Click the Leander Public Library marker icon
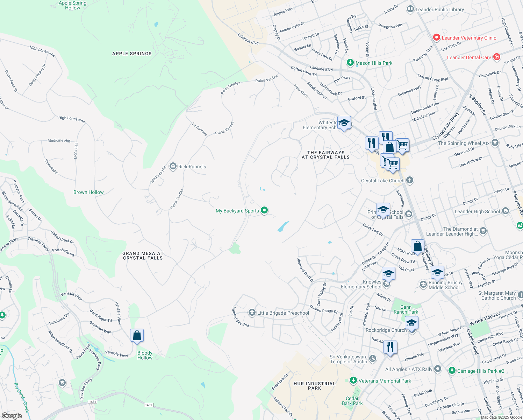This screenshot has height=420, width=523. (x=410, y=9)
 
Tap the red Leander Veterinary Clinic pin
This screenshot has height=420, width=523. (x=436, y=37)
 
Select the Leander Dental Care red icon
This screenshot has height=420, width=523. (x=497, y=57)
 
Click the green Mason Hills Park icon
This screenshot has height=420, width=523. (x=350, y=63)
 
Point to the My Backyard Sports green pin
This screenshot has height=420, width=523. (x=264, y=210)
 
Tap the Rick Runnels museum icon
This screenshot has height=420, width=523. (x=173, y=166)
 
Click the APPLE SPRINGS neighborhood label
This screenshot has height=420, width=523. (x=132, y=54)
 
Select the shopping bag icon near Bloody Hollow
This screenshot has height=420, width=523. (x=137, y=336)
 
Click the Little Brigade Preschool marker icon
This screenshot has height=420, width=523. (x=252, y=313)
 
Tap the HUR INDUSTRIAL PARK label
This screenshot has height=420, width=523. (x=314, y=386)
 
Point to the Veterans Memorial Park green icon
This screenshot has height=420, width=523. (x=353, y=380)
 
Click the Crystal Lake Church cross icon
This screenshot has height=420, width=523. (x=410, y=180)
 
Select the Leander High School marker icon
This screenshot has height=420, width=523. (x=505, y=211)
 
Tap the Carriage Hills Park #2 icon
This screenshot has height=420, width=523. (x=452, y=371)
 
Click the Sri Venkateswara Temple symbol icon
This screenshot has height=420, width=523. (x=373, y=359)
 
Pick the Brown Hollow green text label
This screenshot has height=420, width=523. (x=88, y=192)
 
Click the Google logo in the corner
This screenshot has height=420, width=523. (x=12, y=415)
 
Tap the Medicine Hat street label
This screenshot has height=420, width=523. (x=59, y=141)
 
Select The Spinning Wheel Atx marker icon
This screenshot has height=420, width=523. (x=495, y=143)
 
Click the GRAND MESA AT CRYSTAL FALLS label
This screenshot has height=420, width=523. (x=143, y=255)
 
